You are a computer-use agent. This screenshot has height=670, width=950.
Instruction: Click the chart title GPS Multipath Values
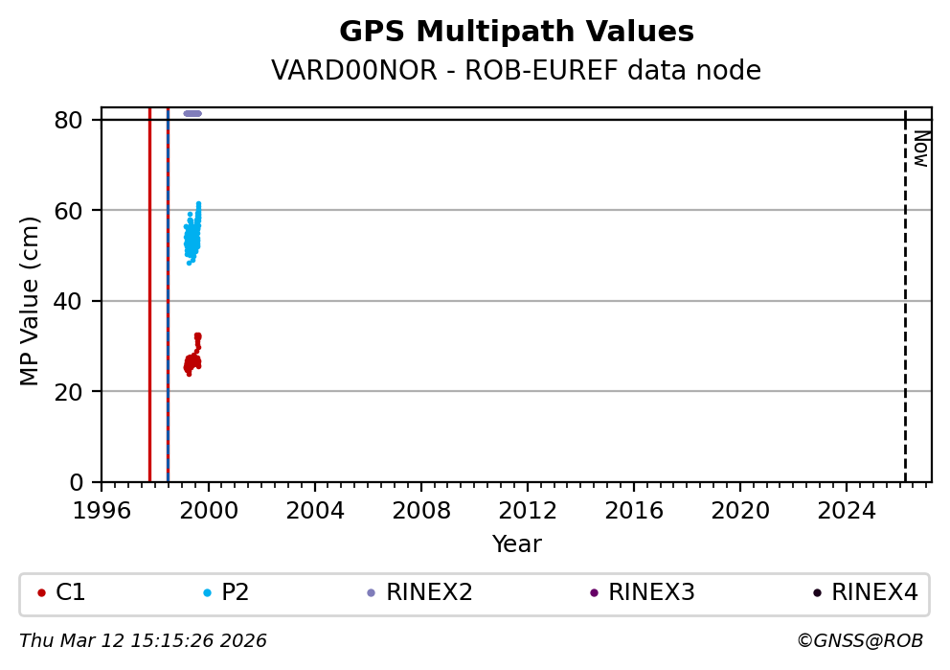[516, 33]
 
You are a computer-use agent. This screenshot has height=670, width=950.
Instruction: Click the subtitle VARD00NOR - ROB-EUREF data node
[516, 71]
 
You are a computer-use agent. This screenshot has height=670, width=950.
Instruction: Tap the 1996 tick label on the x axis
[102, 510]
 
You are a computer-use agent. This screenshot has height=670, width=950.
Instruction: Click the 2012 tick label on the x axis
[528, 510]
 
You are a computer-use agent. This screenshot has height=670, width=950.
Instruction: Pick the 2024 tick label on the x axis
[847, 510]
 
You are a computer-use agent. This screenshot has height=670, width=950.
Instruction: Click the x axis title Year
[516, 544]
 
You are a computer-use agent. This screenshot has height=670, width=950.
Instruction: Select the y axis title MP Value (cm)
[31, 301]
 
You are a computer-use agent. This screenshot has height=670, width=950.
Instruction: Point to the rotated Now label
[920, 149]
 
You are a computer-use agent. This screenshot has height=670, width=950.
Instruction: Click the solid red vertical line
[149, 288]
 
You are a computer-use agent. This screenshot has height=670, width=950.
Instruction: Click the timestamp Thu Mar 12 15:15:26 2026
[143, 640]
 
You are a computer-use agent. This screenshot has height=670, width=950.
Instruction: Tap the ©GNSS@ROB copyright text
[859, 640]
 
